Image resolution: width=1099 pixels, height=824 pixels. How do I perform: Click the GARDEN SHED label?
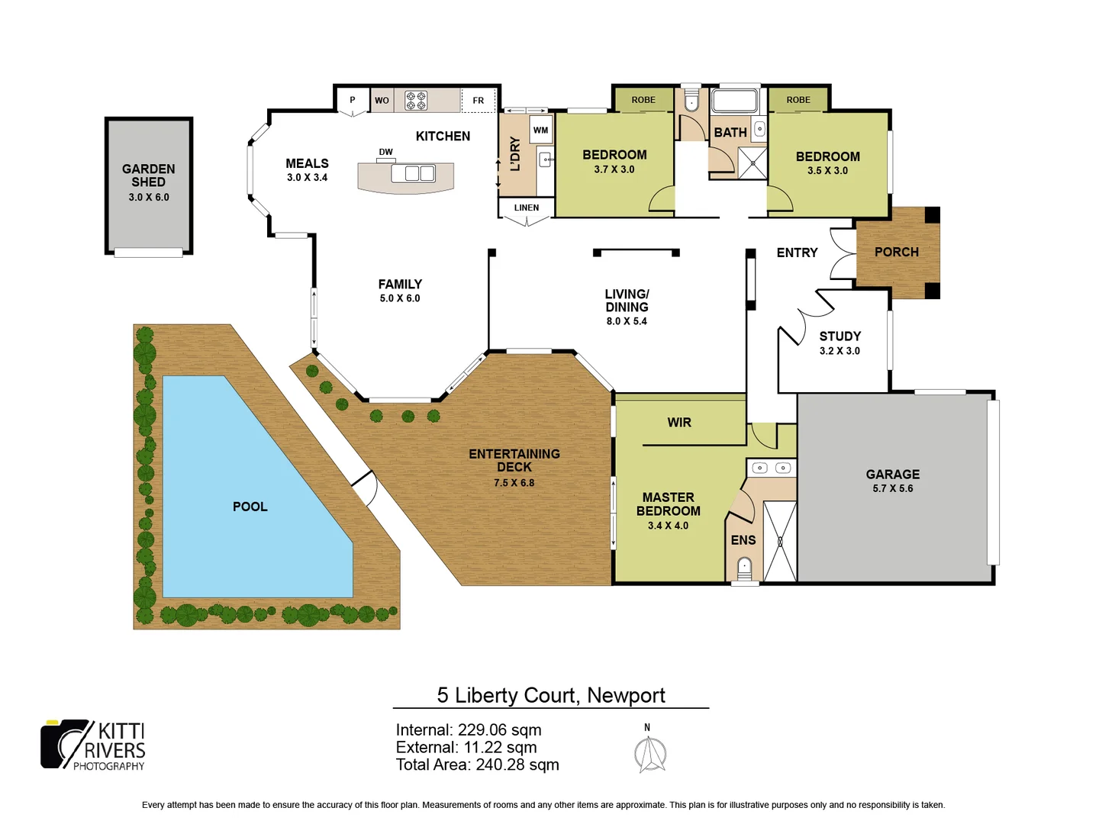(148, 175)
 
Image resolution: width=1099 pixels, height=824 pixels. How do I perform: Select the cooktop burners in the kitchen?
(416, 101)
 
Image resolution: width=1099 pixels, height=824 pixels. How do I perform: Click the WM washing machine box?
(540, 130)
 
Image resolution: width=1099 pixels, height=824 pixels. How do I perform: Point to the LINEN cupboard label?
(526, 208)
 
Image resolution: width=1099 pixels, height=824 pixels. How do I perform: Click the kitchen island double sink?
(413, 173)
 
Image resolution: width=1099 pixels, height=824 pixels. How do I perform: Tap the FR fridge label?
(479, 101)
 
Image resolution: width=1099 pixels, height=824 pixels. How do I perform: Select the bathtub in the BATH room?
(734, 101)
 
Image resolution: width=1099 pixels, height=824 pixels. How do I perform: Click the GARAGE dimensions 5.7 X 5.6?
(892, 488)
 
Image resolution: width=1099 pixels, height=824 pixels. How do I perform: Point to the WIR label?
(679, 423)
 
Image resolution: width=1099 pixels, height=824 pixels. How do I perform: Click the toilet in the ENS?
(744, 567)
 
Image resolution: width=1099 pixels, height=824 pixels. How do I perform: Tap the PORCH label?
(896, 252)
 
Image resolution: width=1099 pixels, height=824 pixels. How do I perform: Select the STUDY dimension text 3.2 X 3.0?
(840, 351)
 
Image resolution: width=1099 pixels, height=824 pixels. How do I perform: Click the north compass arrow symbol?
(650, 755)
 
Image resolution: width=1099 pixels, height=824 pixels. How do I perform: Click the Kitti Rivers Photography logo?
(93, 745)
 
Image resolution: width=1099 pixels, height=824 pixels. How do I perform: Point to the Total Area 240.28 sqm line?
(477, 764)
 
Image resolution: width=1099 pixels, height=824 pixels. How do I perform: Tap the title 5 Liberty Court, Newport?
(550, 695)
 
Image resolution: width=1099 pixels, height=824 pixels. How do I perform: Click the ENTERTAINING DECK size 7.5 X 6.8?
(514, 483)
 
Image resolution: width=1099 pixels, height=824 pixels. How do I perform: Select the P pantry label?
(352, 100)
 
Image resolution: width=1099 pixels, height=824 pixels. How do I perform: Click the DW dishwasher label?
(385, 152)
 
